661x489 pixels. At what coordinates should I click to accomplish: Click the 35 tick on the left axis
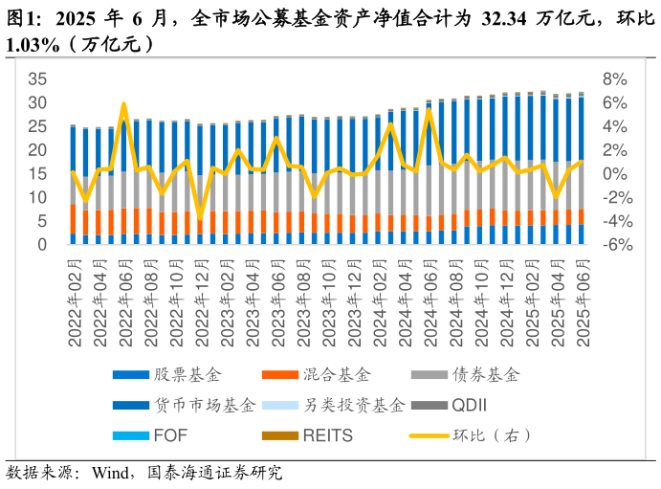pos(37,78)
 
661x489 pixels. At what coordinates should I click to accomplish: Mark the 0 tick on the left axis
pos(42,245)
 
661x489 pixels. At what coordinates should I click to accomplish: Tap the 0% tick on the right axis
pos(615,173)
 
